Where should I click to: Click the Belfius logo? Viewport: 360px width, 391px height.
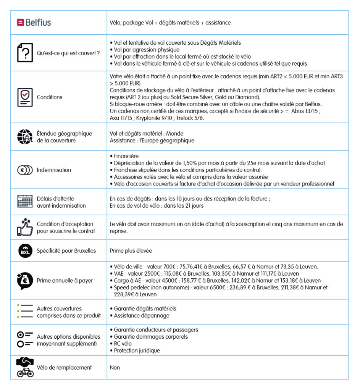point(34,22)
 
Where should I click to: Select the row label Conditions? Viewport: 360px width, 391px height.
point(50,97)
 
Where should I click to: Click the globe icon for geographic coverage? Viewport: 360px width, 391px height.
point(25,137)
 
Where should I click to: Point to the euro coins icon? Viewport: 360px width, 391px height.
point(25,170)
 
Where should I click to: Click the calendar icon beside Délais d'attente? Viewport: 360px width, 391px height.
point(25,202)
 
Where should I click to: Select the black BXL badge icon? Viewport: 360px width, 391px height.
point(25,251)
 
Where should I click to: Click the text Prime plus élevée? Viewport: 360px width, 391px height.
point(131,251)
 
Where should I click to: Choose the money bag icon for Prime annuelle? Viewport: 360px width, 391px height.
point(25,280)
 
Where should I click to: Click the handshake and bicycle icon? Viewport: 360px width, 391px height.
point(25,367)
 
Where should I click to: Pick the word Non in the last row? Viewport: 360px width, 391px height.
point(115,367)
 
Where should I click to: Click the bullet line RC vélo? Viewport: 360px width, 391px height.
point(123,344)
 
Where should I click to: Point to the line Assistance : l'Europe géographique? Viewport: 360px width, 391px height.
point(152,141)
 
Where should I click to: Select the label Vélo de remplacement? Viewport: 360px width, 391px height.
point(64,367)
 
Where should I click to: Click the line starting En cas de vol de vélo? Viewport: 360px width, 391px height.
point(157,206)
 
